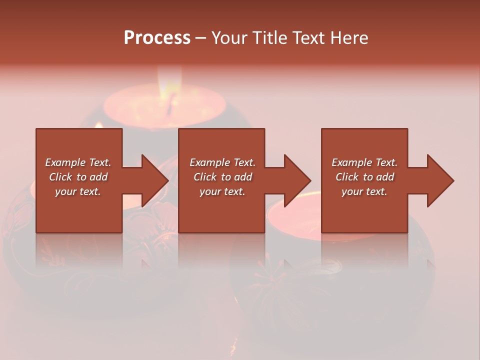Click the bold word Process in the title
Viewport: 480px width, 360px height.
[x=157, y=38]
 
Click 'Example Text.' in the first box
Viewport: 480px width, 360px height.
[x=78, y=162]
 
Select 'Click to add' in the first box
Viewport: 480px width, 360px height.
[x=78, y=177]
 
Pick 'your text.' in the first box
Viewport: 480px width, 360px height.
[x=78, y=191]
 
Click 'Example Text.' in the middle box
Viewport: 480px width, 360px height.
[x=222, y=162]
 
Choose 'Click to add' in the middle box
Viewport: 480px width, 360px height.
[x=222, y=177]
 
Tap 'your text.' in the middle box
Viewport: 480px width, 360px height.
[x=222, y=191]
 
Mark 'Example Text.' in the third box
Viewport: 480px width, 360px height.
[x=364, y=162]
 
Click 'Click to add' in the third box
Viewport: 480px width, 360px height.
[x=364, y=177]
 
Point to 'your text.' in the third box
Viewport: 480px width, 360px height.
[x=364, y=191]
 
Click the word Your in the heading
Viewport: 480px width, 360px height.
[x=229, y=38]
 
